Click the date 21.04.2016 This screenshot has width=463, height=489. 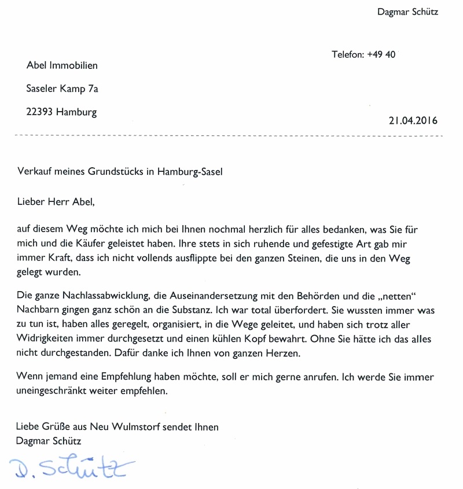[x=413, y=121]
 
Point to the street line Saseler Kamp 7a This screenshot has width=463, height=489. [x=63, y=89]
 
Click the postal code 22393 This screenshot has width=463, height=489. [x=40, y=112]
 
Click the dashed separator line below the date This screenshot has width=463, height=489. [x=231, y=135]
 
